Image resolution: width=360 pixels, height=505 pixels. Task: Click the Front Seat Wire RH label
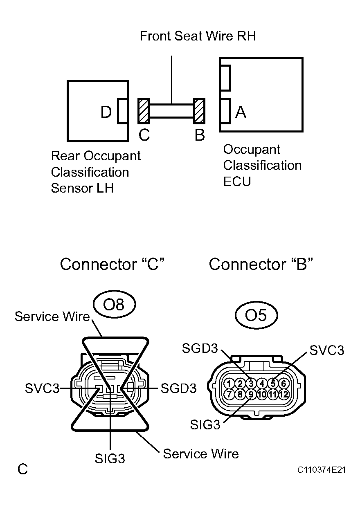point(198,36)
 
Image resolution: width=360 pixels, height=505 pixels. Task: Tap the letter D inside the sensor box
point(106,112)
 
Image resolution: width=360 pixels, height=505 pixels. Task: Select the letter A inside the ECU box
point(241,112)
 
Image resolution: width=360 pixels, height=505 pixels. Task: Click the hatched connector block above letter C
point(144,111)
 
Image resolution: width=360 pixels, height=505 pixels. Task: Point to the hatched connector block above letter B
point(199,111)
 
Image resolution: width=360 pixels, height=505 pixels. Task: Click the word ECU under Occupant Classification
point(237,181)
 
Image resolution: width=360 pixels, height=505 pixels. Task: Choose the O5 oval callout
point(256,315)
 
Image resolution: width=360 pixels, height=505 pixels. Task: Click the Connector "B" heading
point(261,265)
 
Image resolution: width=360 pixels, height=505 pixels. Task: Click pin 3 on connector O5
point(251,384)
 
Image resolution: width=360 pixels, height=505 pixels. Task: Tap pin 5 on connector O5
point(273,384)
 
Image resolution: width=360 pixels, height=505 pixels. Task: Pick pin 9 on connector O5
point(251,395)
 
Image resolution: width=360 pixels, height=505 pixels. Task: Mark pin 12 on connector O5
point(283,395)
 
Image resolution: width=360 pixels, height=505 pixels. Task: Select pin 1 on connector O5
point(229,384)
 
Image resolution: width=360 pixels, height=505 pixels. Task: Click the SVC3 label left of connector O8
point(42,388)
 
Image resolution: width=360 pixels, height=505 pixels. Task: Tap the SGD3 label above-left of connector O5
point(199,349)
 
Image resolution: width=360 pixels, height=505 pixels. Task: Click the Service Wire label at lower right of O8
point(200,453)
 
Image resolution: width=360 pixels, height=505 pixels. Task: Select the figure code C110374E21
point(322,470)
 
